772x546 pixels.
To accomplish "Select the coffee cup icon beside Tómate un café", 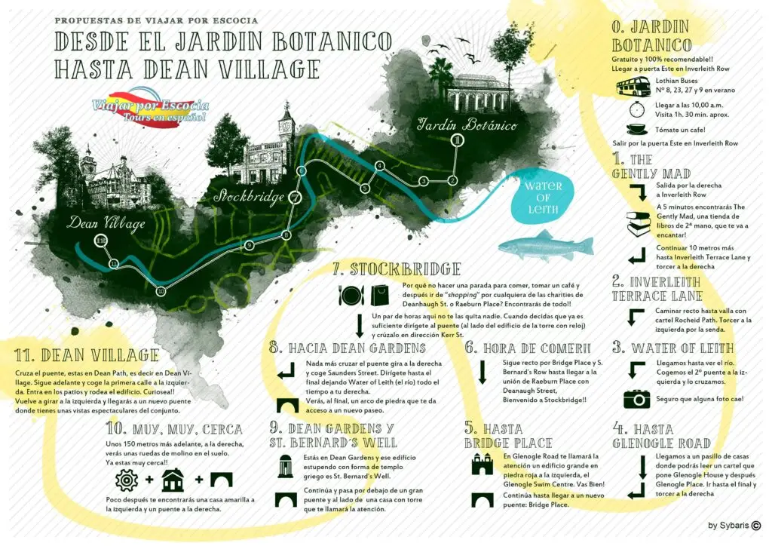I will [636, 129].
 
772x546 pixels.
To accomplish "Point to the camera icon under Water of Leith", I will [636, 398].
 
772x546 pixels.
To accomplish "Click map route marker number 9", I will [249, 245].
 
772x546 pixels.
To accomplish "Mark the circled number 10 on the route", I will [160, 291].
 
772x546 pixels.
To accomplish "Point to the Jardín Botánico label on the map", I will [467, 124].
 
